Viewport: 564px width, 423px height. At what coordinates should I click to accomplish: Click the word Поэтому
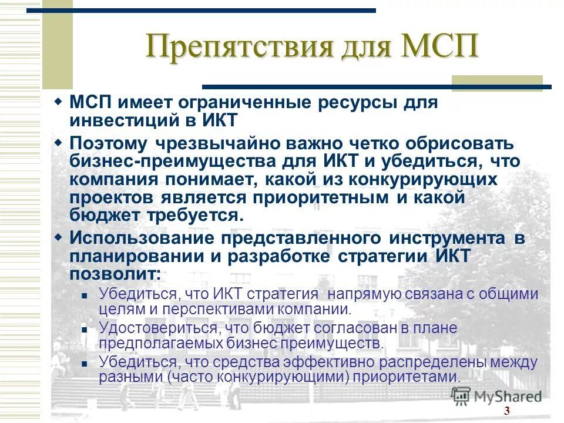coord(110,143)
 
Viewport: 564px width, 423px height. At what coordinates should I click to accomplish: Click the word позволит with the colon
coord(115,274)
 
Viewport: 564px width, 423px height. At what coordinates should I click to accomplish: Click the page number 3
coord(506,410)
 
